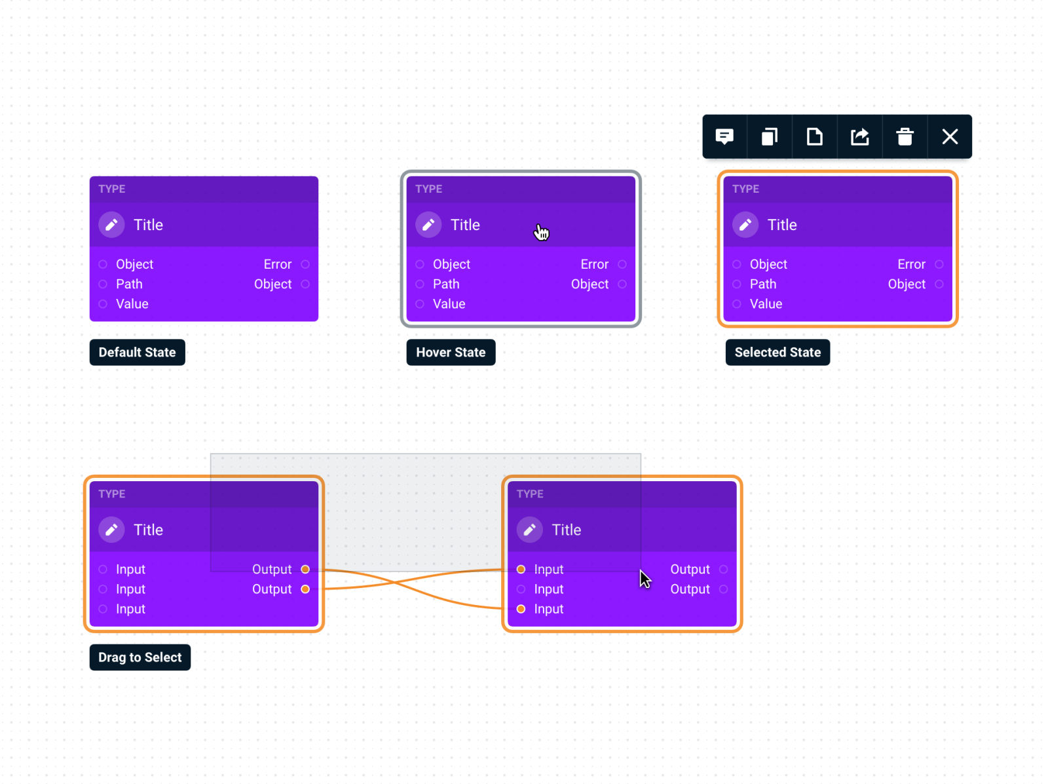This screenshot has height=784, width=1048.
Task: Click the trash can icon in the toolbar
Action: [x=905, y=136]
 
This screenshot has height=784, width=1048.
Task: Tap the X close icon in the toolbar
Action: [x=950, y=136]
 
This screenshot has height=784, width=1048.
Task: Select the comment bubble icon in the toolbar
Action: [x=724, y=136]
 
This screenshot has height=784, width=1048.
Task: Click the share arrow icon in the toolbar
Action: [x=859, y=136]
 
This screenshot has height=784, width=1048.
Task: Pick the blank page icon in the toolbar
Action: [x=814, y=136]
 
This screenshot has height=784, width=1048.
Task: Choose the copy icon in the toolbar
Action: [x=770, y=136]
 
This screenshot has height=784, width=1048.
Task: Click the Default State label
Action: [x=137, y=352]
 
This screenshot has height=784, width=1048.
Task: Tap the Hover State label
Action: [x=451, y=352]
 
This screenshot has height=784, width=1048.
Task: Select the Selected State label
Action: [x=777, y=352]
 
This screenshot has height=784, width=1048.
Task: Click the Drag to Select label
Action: [x=140, y=657]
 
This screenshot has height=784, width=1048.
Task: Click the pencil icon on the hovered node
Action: [x=428, y=225]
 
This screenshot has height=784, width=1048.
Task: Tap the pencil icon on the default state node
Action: [x=111, y=225]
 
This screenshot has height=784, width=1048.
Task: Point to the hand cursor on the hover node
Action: [x=541, y=232]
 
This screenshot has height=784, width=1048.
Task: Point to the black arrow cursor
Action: [x=645, y=579]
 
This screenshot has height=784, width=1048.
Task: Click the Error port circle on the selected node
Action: [x=939, y=264]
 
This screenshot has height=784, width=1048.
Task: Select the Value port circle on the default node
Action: [x=103, y=304]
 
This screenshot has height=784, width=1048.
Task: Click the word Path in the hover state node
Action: [x=446, y=284]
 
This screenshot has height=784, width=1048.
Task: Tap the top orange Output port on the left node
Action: [x=305, y=569]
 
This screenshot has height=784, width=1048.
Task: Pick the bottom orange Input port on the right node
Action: [x=521, y=609]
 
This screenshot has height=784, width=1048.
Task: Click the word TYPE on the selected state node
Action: [x=745, y=189]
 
